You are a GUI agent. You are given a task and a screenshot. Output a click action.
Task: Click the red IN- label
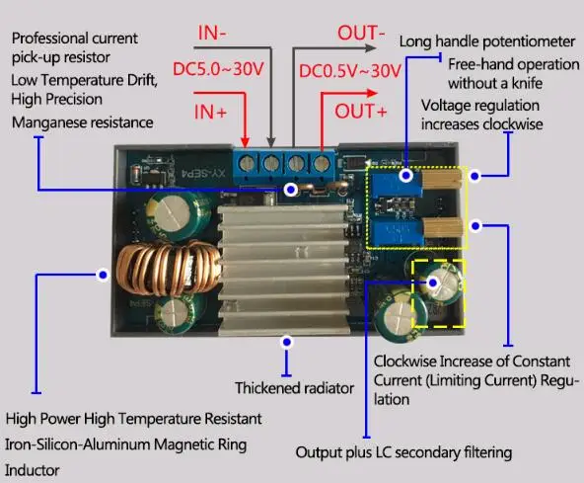212,33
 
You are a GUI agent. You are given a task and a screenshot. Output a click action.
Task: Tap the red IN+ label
210,112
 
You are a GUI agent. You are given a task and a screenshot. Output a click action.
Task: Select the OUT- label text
361,33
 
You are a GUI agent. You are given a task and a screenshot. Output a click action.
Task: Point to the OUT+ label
360,112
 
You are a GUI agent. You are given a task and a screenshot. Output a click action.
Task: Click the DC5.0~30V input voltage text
218,69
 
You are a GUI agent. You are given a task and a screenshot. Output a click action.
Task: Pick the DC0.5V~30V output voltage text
350,71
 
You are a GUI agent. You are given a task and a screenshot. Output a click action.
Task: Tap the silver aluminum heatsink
284,268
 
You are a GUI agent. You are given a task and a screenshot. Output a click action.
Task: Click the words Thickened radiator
294,388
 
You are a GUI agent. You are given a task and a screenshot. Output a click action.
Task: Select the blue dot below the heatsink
286,342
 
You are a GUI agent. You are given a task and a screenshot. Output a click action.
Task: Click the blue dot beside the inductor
103,276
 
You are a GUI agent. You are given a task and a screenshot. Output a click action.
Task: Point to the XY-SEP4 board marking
204,174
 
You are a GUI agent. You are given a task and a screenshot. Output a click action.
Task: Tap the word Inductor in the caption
32,470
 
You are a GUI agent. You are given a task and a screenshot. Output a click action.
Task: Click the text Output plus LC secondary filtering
403,452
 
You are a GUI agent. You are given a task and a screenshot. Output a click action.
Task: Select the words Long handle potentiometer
487,41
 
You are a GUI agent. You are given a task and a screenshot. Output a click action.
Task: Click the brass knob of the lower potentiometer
443,227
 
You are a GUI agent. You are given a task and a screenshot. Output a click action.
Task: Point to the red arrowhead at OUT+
372,93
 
